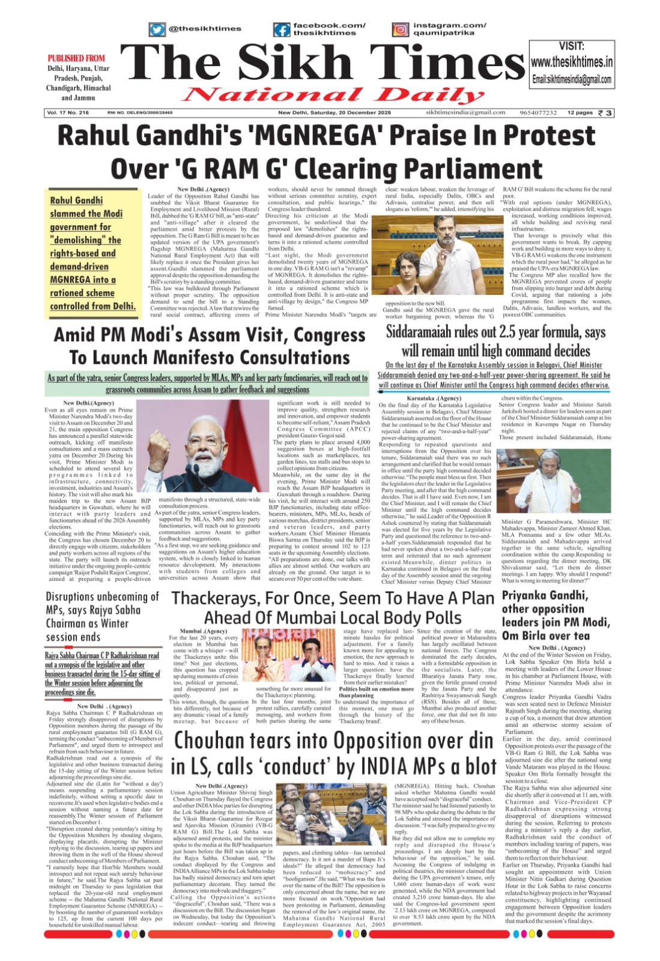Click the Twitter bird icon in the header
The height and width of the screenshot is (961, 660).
pos(157,29)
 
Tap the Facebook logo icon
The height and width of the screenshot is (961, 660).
pos(281,29)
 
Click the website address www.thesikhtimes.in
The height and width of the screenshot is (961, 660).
pos(572,62)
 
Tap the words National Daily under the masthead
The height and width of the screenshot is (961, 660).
pos(325,94)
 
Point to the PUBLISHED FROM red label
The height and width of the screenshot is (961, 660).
pos(76,58)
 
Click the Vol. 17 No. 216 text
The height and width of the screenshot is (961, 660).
pos(67,112)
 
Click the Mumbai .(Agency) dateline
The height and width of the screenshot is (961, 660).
pos(203,631)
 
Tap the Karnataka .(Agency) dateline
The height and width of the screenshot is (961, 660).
pos(434,398)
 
